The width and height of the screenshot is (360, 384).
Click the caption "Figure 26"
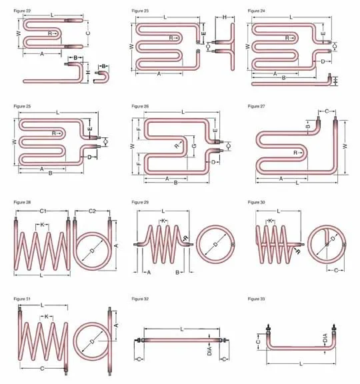(x=140, y=106)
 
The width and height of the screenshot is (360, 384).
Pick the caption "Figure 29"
(x=140, y=201)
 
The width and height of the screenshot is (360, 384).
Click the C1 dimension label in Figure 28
(x=42, y=211)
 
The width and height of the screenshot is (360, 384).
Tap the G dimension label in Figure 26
(x=194, y=145)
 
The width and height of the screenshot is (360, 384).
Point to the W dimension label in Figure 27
(x=345, y=145)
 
